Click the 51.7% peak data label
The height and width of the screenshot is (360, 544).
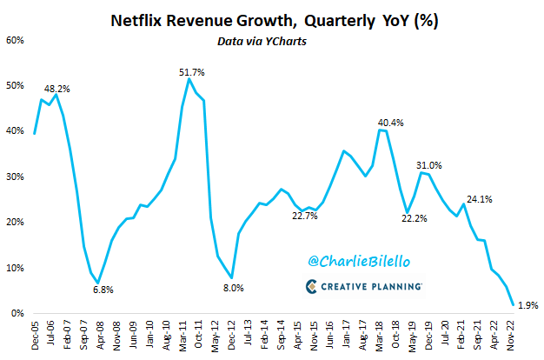click(190, 71)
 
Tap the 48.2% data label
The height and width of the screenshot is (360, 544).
click(58, 89)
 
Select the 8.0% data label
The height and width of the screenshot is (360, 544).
click(233, 287)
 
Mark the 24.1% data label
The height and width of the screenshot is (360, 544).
click(479, 198)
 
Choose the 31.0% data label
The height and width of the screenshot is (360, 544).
click(429, 164)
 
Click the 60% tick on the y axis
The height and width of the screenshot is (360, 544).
click(17, 40)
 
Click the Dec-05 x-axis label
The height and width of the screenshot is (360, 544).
click(34, 333)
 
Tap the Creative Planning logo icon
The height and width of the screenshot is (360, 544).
click(313, 286)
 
